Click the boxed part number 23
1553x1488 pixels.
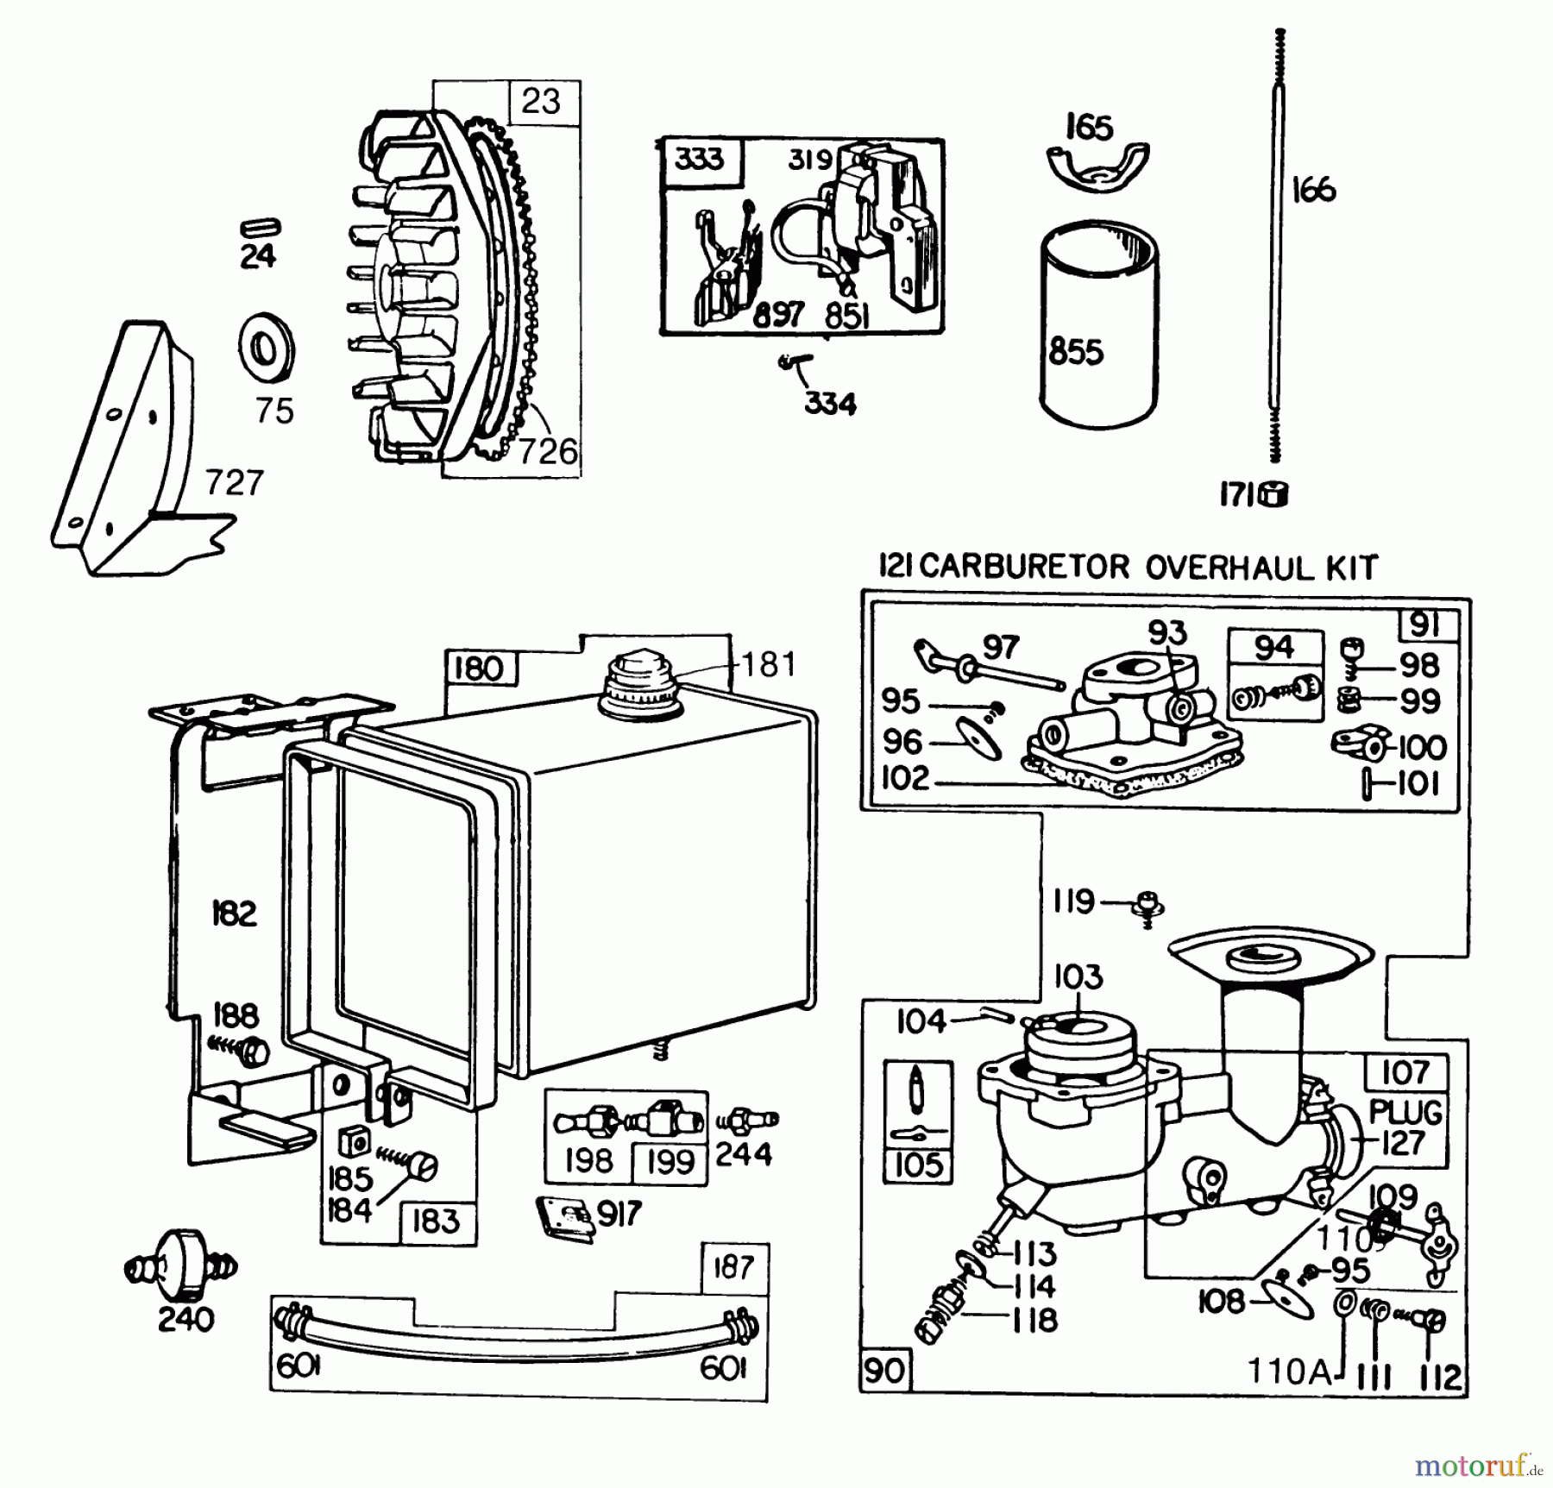click(541, 102)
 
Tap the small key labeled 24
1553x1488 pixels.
click(260, 227)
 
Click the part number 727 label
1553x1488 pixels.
click(234, 483)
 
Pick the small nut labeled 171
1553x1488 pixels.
click(1274, 494)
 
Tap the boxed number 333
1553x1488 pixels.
click(699, 160)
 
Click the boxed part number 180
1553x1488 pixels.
click(478, 669)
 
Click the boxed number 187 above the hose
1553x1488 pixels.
click(733, 1268)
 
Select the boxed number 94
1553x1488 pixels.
click(1274, 647)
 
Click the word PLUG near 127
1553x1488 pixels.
click(1405, 1112)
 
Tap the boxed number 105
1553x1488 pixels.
click(918, 1165)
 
